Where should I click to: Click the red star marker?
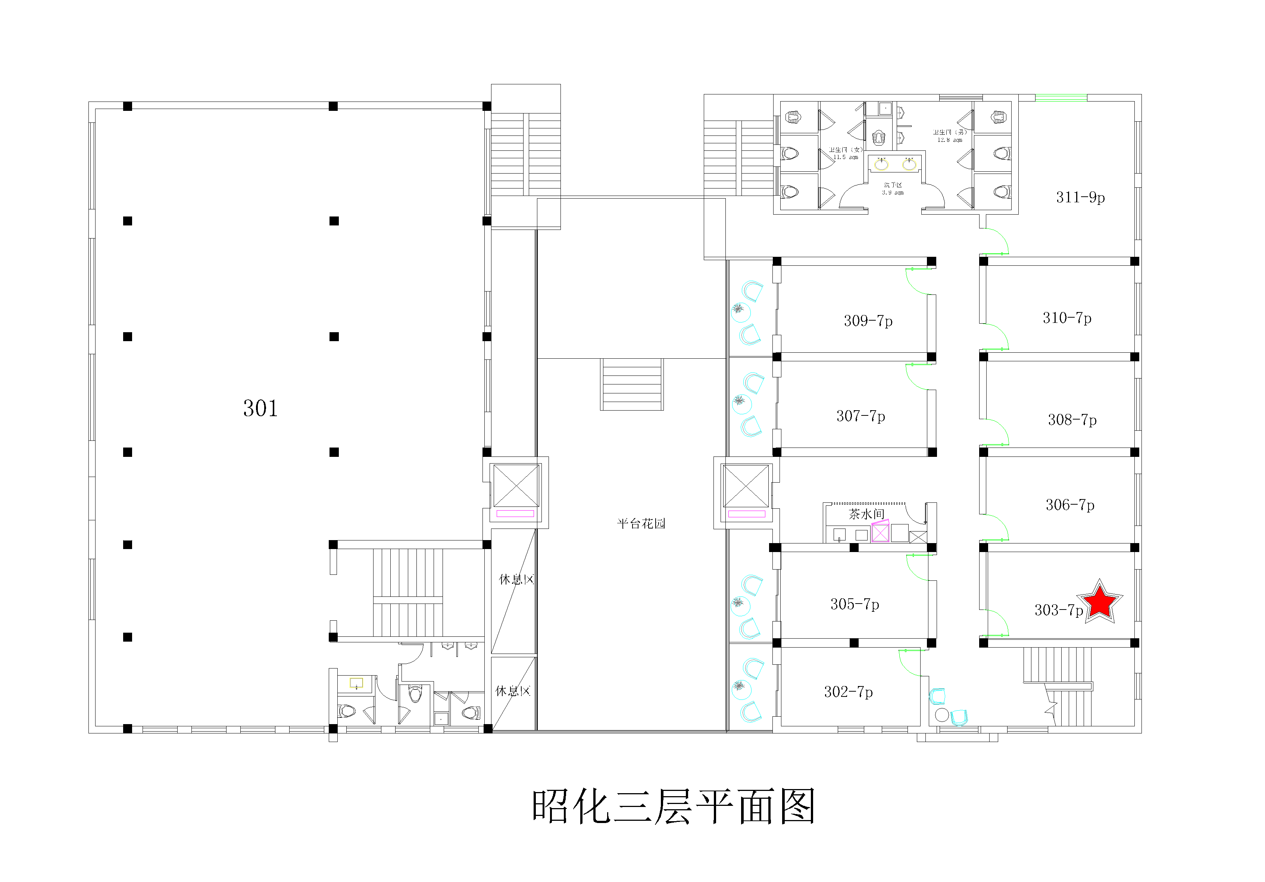1100,602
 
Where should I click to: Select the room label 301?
260,408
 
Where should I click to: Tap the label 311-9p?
1080,197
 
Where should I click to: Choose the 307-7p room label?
860,416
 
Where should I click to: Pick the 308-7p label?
1072,420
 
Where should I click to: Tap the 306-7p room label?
1070,505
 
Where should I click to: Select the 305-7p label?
855,604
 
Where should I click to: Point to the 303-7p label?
1058,610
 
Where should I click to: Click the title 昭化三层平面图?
673,807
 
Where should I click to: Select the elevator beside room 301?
516,486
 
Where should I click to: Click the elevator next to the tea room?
746,486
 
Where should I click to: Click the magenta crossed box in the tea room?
880,533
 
